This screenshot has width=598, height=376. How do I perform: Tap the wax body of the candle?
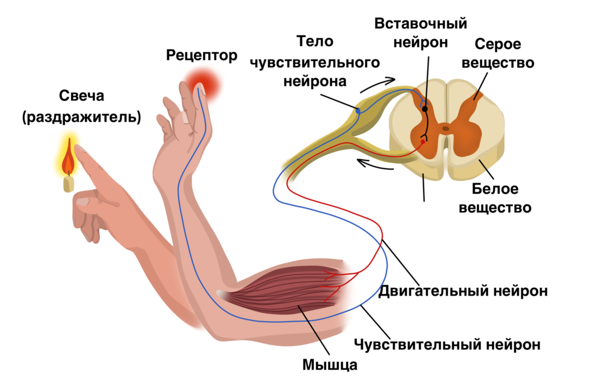69,184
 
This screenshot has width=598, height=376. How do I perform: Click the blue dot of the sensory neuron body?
358,110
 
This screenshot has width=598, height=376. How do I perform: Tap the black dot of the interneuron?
425,108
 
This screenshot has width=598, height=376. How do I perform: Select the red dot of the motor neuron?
423,141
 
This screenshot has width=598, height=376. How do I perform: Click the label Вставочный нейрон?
421,33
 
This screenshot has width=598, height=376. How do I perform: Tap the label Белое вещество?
495,198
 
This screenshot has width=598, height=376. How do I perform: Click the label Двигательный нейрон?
463,290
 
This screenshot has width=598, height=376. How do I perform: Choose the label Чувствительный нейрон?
447,344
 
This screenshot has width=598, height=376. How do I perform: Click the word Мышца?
329,365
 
